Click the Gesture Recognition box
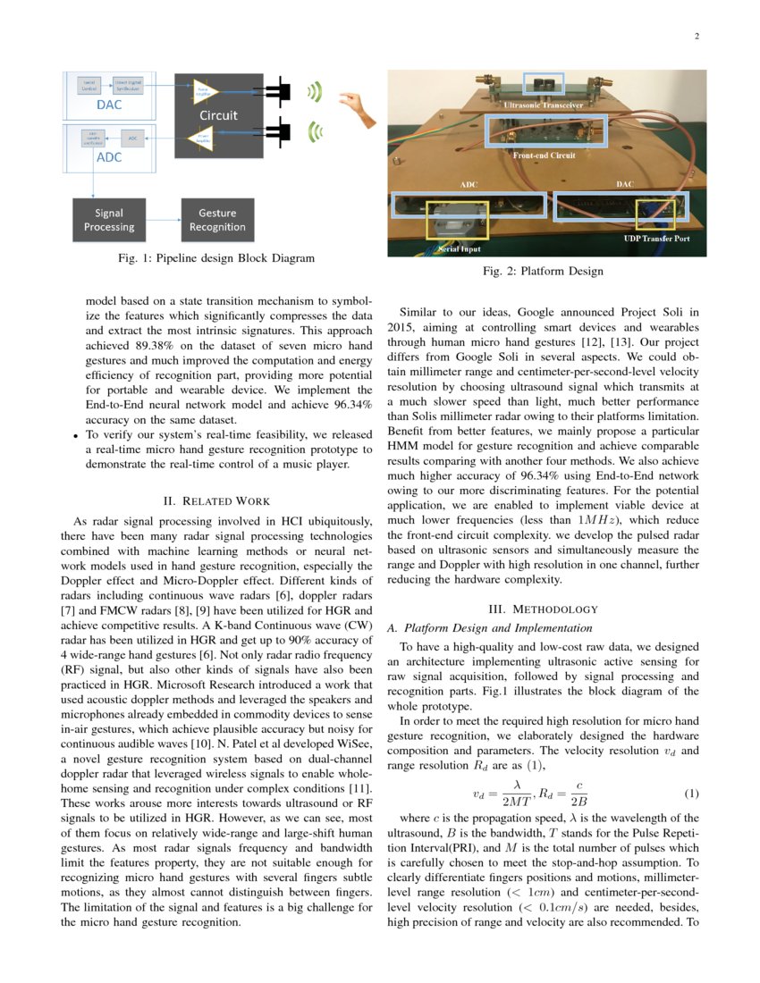(x=217, y=220)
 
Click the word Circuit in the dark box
(x=218, y=115)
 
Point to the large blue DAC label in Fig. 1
(x=108, y=105)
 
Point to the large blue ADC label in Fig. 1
(x=108, y=158)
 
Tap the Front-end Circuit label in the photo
(x=544, y=155)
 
